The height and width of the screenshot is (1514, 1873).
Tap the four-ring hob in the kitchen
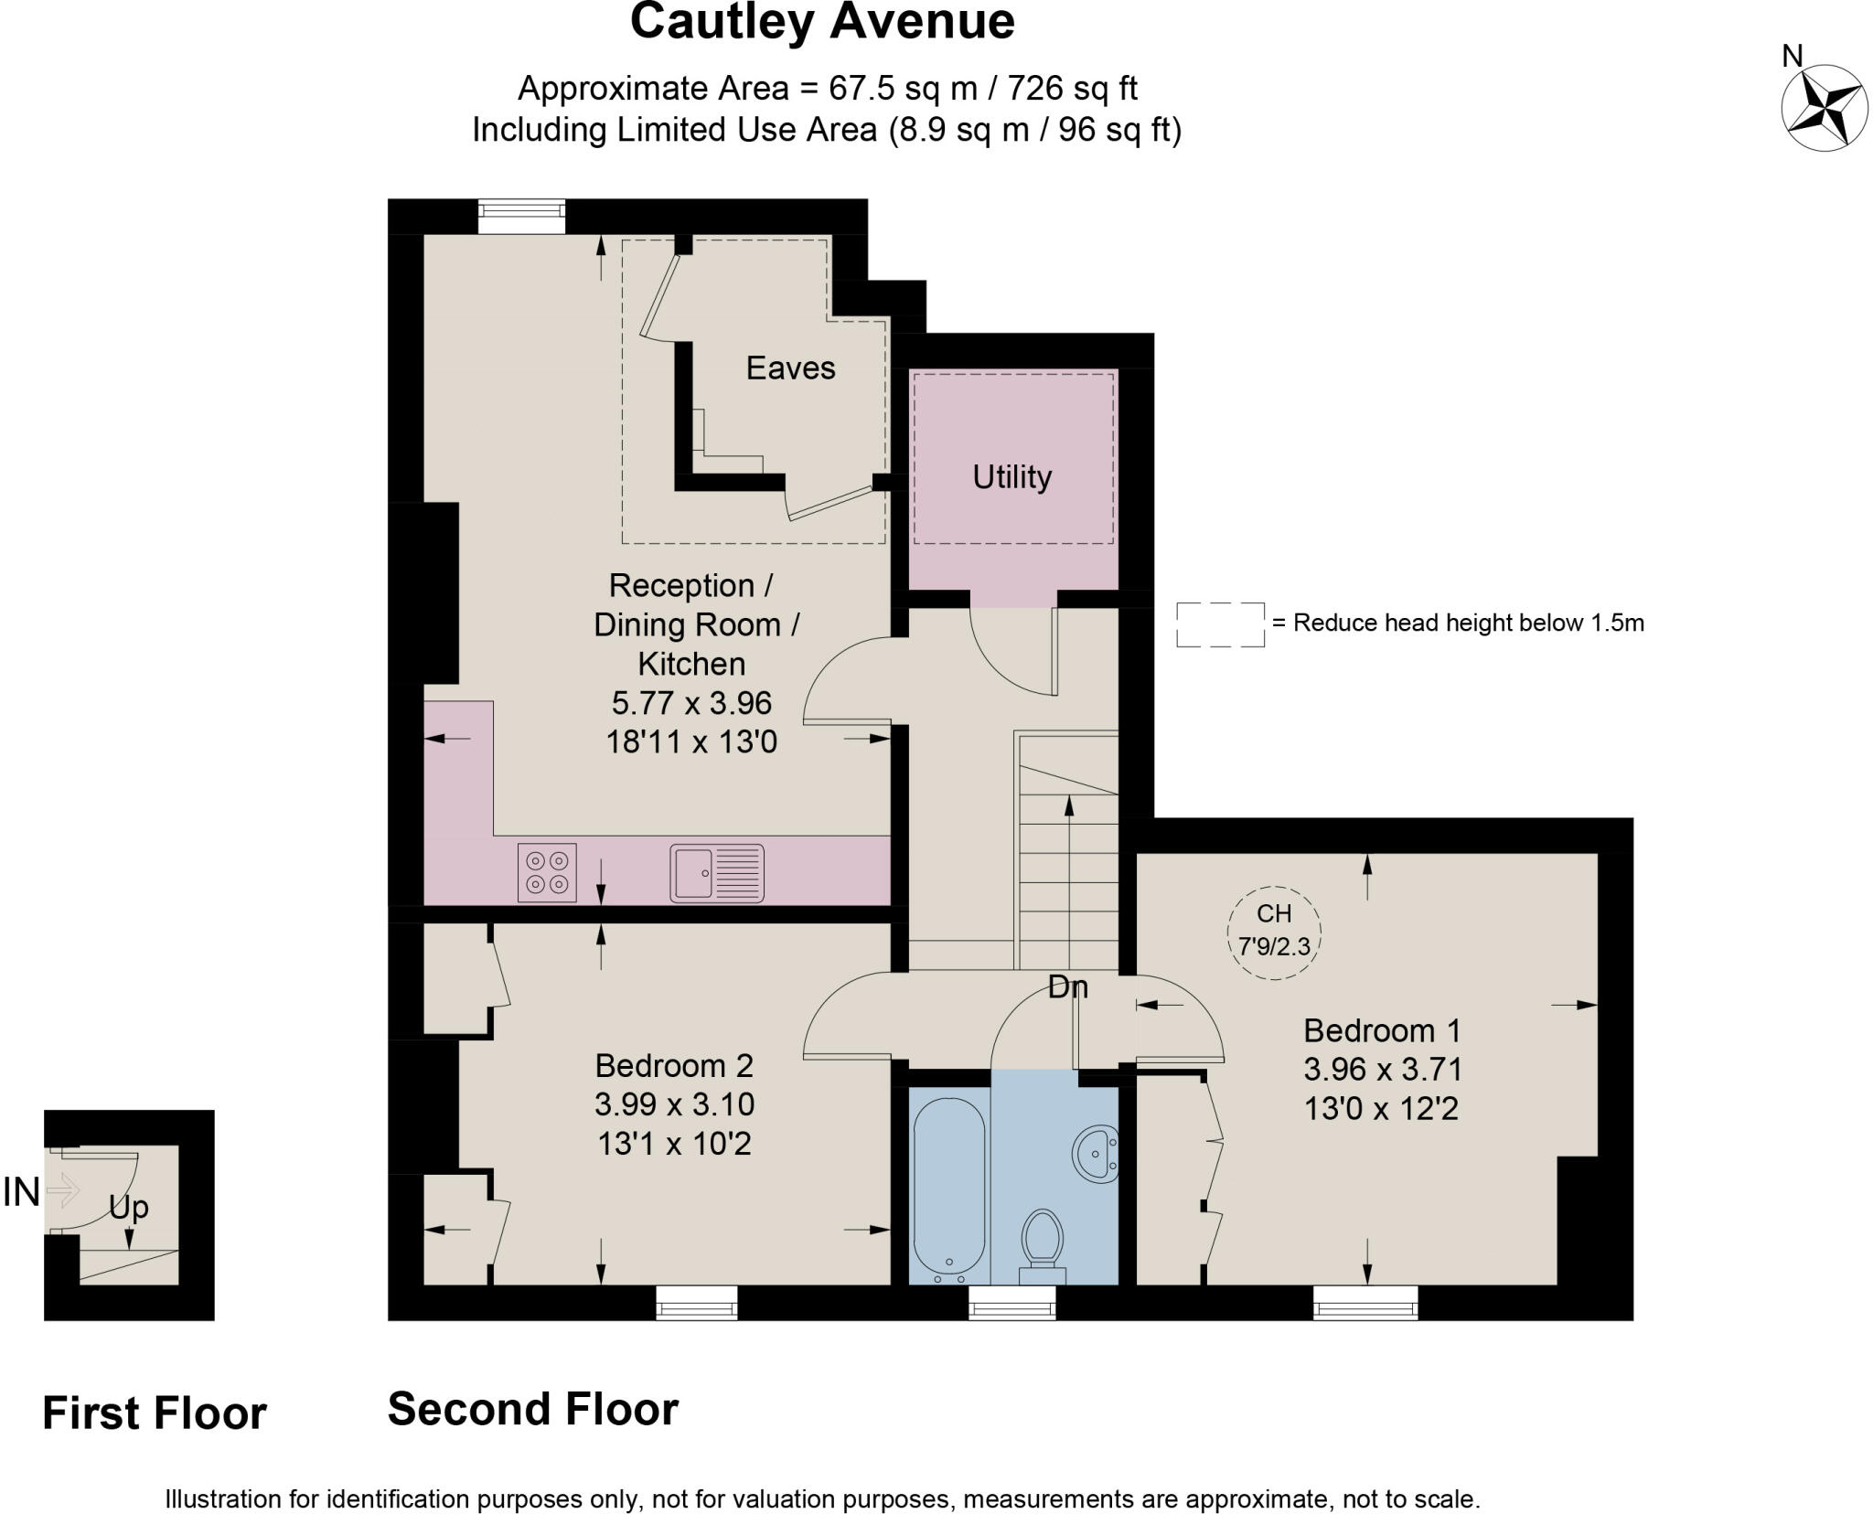[x=547, y=872]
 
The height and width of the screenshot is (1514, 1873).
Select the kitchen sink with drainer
[x=717, y=872]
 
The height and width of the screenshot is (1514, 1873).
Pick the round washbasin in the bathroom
[x=1095, y=1153]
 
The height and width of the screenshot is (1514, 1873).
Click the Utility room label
[x=1011, y=476]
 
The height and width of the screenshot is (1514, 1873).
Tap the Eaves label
[x=790, y=368]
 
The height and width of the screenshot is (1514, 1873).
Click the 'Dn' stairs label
[x=1067, y=986]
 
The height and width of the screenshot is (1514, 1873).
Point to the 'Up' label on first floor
[x=129, y=1207]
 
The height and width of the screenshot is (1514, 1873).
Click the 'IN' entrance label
[x=22, y=1192]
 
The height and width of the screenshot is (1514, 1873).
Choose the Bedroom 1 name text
[x=1381, y=1030]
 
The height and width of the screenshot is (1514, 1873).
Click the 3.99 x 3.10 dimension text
[x=674, y=1104]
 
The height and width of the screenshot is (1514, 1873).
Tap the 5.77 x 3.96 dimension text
[x=691, y=702]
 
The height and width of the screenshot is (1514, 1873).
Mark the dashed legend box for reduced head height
[x=1220, y=624]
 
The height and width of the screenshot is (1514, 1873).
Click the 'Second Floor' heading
[x=532, y=1408]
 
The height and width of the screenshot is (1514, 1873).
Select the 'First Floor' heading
[x=154, y=1413]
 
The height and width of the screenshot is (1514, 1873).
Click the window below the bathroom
[x=1011, y=1302]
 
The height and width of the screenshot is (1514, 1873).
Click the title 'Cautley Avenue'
[x=821, y=22]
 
